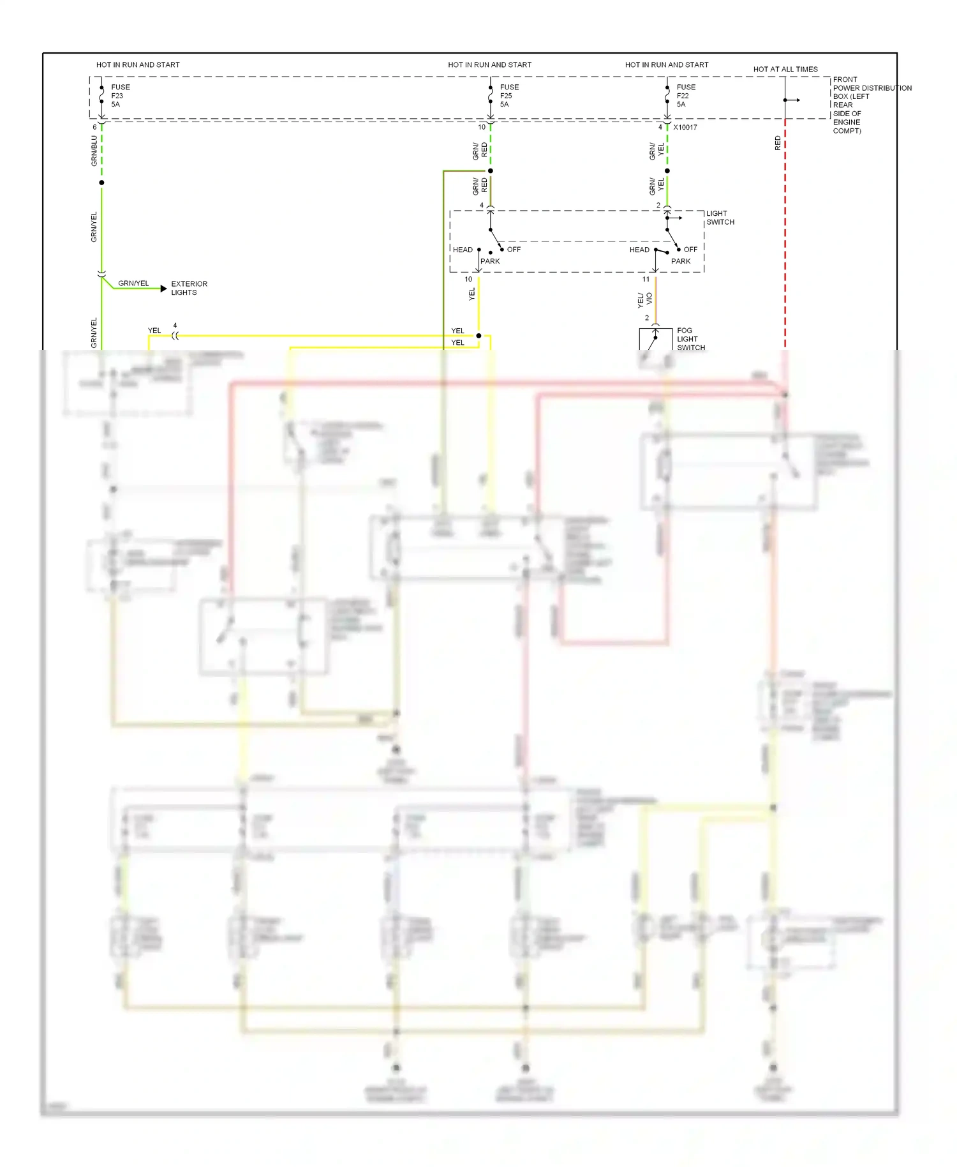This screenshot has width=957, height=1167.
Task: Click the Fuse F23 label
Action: pyautogui.click(x=120, y=96)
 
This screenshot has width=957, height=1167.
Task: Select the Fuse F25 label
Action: pyautogui.click(x=509, y=96)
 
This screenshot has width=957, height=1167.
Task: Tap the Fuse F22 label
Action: pyautogui.click(x=686, y=96)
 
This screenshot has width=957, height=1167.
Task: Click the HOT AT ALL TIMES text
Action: pyautogui.click(x=785, y=69)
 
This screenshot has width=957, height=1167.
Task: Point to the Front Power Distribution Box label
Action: pyautogui.click(x=872, y=105)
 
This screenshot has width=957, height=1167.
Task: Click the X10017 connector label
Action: pyautogui.click(x=685, y=128)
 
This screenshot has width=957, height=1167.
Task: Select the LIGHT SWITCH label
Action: pyautogui.click(x=720, y=218)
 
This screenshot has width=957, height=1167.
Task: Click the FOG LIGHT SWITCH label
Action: pyautogui.click(x=690, y=339)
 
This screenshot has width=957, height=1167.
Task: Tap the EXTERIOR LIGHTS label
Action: pyautogui.click(x=189, y=288)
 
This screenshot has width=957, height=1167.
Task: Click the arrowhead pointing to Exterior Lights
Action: pyautogui.click(x=163, y=289)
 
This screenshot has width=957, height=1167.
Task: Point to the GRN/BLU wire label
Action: pyautogui.click(x=94, y=151)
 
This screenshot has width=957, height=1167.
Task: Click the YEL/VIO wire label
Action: pyautogui.click(x=644, y=299)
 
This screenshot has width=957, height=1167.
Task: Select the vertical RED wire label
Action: pyautogui.click(x=777, y=143)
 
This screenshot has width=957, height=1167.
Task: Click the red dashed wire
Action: pyautogui.click(x=785, y=243)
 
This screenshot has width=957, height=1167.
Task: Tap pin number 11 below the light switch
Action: pyautogui.click(x=646, y=280)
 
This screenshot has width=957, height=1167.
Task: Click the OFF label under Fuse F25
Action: pyautogui.click(x=514, y=250)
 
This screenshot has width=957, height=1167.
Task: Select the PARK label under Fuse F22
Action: pyautogui.click(x=680, y=261)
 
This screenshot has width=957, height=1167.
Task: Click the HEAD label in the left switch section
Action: pyautogui.click(x=463, y=250)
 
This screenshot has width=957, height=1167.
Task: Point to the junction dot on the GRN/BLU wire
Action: pyautogui.click(x=101, y=183)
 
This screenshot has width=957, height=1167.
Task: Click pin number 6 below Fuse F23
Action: pyautogui.click(x=94, y=127)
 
